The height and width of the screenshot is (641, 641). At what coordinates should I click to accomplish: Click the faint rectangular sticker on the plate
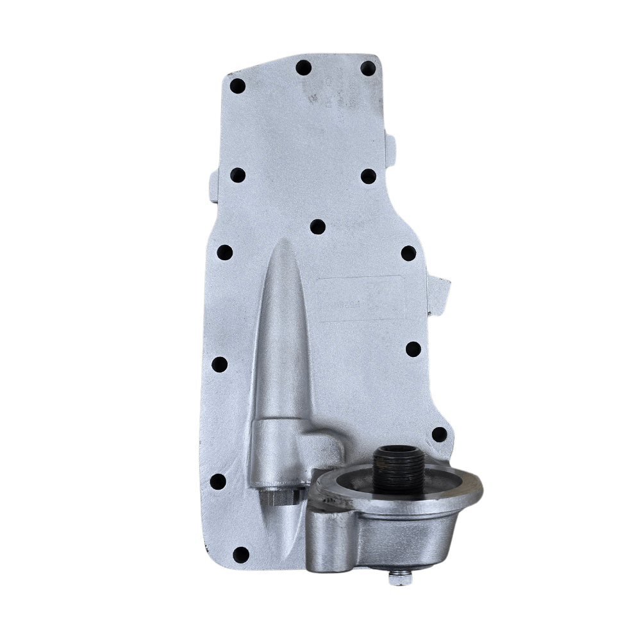(x=361, y=297)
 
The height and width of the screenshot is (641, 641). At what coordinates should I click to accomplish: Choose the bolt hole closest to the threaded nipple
(x=439, y=434)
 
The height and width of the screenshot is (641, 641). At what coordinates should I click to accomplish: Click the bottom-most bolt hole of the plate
(x=241, y=554)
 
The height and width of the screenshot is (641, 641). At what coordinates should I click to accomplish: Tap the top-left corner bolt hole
(x=237, y=86)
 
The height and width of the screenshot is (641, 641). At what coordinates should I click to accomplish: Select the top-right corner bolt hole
(x=368, y=68)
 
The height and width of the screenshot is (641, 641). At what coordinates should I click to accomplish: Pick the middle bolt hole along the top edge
(x=304, y=67)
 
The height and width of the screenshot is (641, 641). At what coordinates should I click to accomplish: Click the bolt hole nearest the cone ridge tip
(x=317, y=226)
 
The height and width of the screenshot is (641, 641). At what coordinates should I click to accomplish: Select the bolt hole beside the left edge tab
(x=237, y=174)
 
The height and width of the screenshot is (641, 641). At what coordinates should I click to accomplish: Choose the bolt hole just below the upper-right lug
(x=369, y=176)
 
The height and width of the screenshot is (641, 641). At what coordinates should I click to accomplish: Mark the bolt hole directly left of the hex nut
(x=218, y=481)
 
